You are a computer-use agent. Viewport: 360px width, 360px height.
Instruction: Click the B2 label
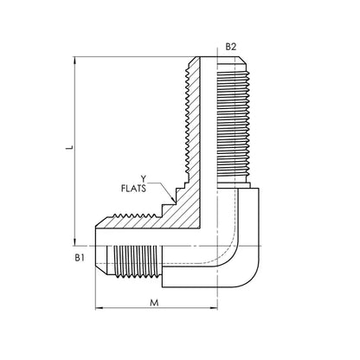click(231, 47)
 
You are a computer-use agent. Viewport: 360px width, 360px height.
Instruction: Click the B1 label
click(80, 258)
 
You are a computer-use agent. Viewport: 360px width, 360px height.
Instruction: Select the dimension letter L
click(69, 147)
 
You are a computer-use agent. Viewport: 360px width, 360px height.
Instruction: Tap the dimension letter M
click(155, 303)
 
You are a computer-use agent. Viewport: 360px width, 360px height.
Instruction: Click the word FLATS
click(133, 189)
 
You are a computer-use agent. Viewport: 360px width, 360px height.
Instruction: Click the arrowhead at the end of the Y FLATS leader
click(173, 199)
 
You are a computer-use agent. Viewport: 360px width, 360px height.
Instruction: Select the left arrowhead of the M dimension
click(99, 308)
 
